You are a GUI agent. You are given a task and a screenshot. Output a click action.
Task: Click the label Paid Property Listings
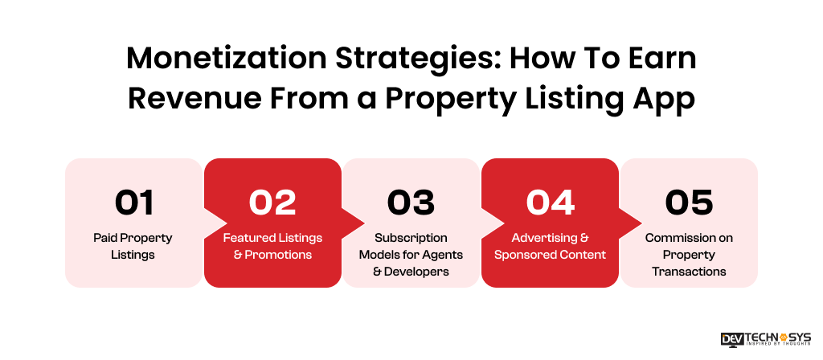click(x=134, y=246)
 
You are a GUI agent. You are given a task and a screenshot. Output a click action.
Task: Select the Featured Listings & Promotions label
click(x=272, y=246)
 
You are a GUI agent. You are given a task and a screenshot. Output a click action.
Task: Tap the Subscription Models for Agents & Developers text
click(x=411, y=255)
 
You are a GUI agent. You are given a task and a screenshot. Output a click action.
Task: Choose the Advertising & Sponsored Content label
click(x=550, y=246)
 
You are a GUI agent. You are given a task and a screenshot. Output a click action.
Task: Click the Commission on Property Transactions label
click(x=689, y=255)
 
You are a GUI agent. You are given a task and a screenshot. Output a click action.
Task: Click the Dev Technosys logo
click(x=766, y=339)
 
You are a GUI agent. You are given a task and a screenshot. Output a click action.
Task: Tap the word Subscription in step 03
click(x=411, y=238)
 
